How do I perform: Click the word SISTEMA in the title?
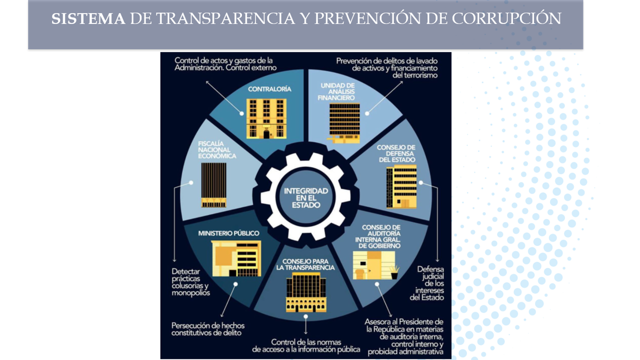(x=88, y=19)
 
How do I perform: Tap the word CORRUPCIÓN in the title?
(x=506, y=19)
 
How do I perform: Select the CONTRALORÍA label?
(x=269, y=89)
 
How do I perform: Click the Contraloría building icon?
(x=266, y=118)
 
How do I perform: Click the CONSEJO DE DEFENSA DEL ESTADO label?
(x=396, y=153)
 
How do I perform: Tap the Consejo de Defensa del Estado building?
(x=401, y=186)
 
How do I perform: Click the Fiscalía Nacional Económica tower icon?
(x=213, y=184)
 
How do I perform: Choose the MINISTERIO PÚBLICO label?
(x=228, y=233)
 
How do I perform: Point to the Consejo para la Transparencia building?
(x=305, y=292)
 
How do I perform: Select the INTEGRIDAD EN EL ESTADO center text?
(x=306, y=198)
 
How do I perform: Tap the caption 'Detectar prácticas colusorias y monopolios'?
(x=190, y=282)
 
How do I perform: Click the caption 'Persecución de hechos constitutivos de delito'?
(x=208, y=328)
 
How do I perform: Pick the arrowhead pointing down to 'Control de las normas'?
(x=305, y=331)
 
